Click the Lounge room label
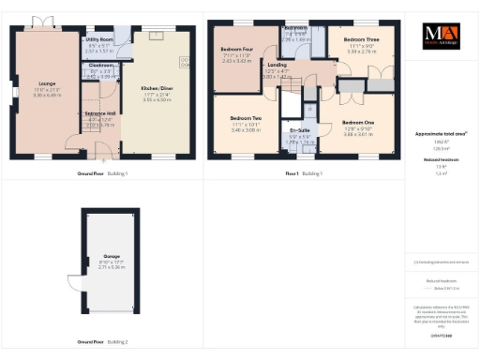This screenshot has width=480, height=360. [48, 82]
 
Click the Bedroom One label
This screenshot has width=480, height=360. [357, 123]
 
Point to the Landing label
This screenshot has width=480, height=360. [278, 65]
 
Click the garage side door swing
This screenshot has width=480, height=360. [73, 279]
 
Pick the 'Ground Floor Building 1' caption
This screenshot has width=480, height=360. [102, 173]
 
